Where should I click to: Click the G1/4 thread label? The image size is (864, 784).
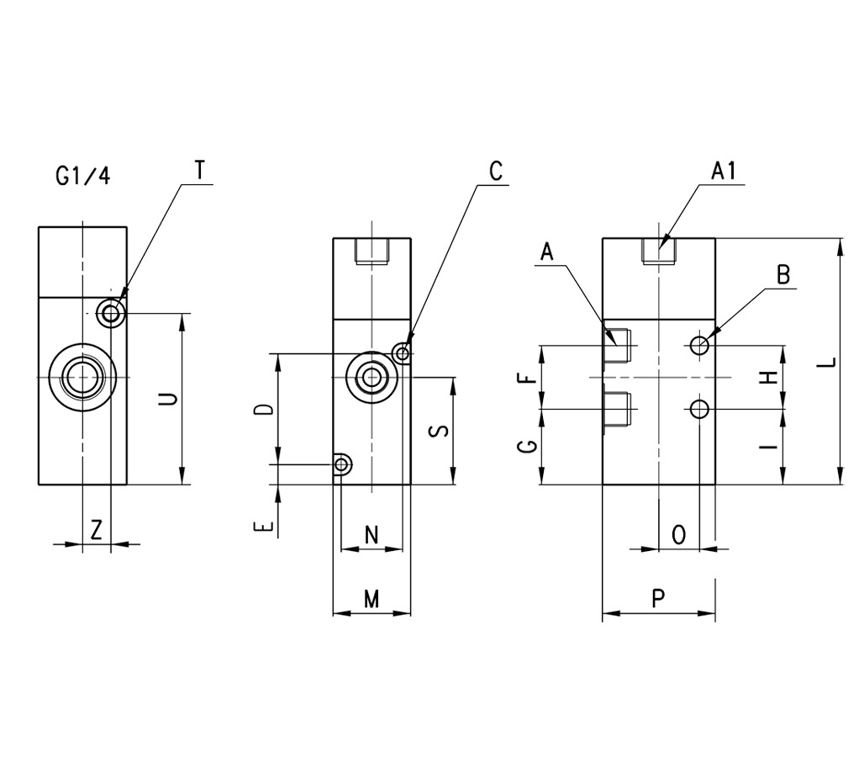point(82,177)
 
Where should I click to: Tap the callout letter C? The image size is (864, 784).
point(495,172)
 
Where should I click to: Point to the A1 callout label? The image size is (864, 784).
point(723,171)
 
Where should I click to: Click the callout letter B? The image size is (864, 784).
point(783,274)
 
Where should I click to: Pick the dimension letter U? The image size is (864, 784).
point(169,399)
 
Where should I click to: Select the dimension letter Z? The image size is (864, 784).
point(97,530)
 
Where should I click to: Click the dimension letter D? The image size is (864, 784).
point(264,410)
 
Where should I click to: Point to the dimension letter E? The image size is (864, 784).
point(264,527)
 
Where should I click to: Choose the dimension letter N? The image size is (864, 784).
point(371,534)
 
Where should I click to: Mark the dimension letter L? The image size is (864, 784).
point(829,363)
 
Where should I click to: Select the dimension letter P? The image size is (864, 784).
point(659,598)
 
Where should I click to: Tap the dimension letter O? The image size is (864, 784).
point(680,534)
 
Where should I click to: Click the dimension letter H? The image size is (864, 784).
point(767,377)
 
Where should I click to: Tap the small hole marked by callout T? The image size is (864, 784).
point(111,314)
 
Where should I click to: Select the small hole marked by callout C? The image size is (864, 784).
point(403,353)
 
